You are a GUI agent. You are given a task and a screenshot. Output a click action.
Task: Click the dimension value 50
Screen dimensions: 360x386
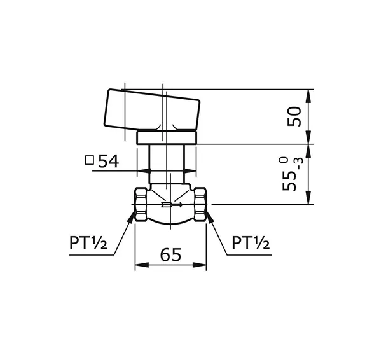pyautogui.click(x=294, y=116)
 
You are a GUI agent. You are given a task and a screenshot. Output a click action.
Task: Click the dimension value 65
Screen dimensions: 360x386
pyautogui.click(x=170, y=254)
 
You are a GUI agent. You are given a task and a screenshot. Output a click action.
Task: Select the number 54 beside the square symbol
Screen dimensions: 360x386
pyautogui.click(x=109, y=162)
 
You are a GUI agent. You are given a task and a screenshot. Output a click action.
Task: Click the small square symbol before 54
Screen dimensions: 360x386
pyautogui.click(x=90, y=161)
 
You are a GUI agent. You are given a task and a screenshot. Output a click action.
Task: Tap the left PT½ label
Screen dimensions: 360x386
pyautogui.click(x=89, y=243)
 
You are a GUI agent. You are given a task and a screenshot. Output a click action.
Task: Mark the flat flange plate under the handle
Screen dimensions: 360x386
pyautogui.click(x=168, y=137)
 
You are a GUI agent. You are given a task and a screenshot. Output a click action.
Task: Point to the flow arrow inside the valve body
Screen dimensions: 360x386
pyautogui.click(x=170, y=205)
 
